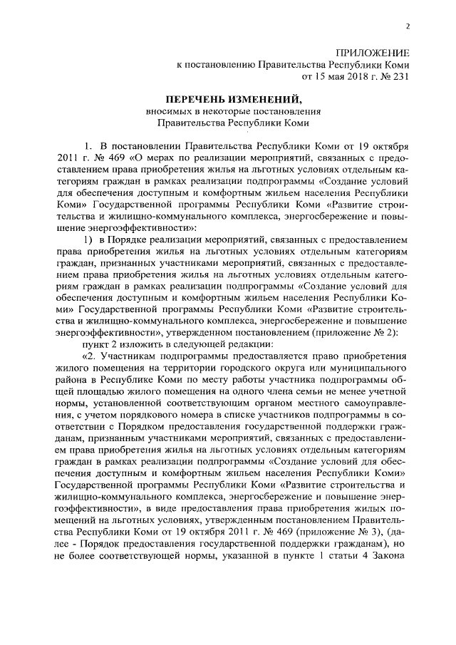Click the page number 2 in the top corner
click(x=408, y=26)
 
